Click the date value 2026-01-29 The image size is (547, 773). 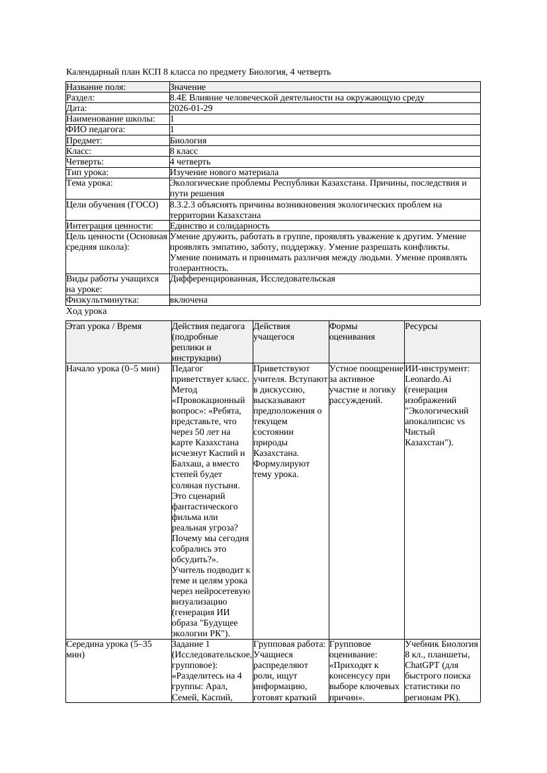[191, 108]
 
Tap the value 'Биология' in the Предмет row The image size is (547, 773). [188, 140]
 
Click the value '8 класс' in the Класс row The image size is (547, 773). [184, 151]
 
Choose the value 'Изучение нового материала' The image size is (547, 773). [224, 172]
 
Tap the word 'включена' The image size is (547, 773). [189, 300]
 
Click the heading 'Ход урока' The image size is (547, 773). [87, 311]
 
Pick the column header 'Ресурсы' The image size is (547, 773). [421, 326]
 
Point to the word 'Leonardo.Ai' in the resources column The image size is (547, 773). [429, 379]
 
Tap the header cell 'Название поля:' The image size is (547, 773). [96, 87]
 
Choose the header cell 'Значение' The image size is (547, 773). [188, 87]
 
